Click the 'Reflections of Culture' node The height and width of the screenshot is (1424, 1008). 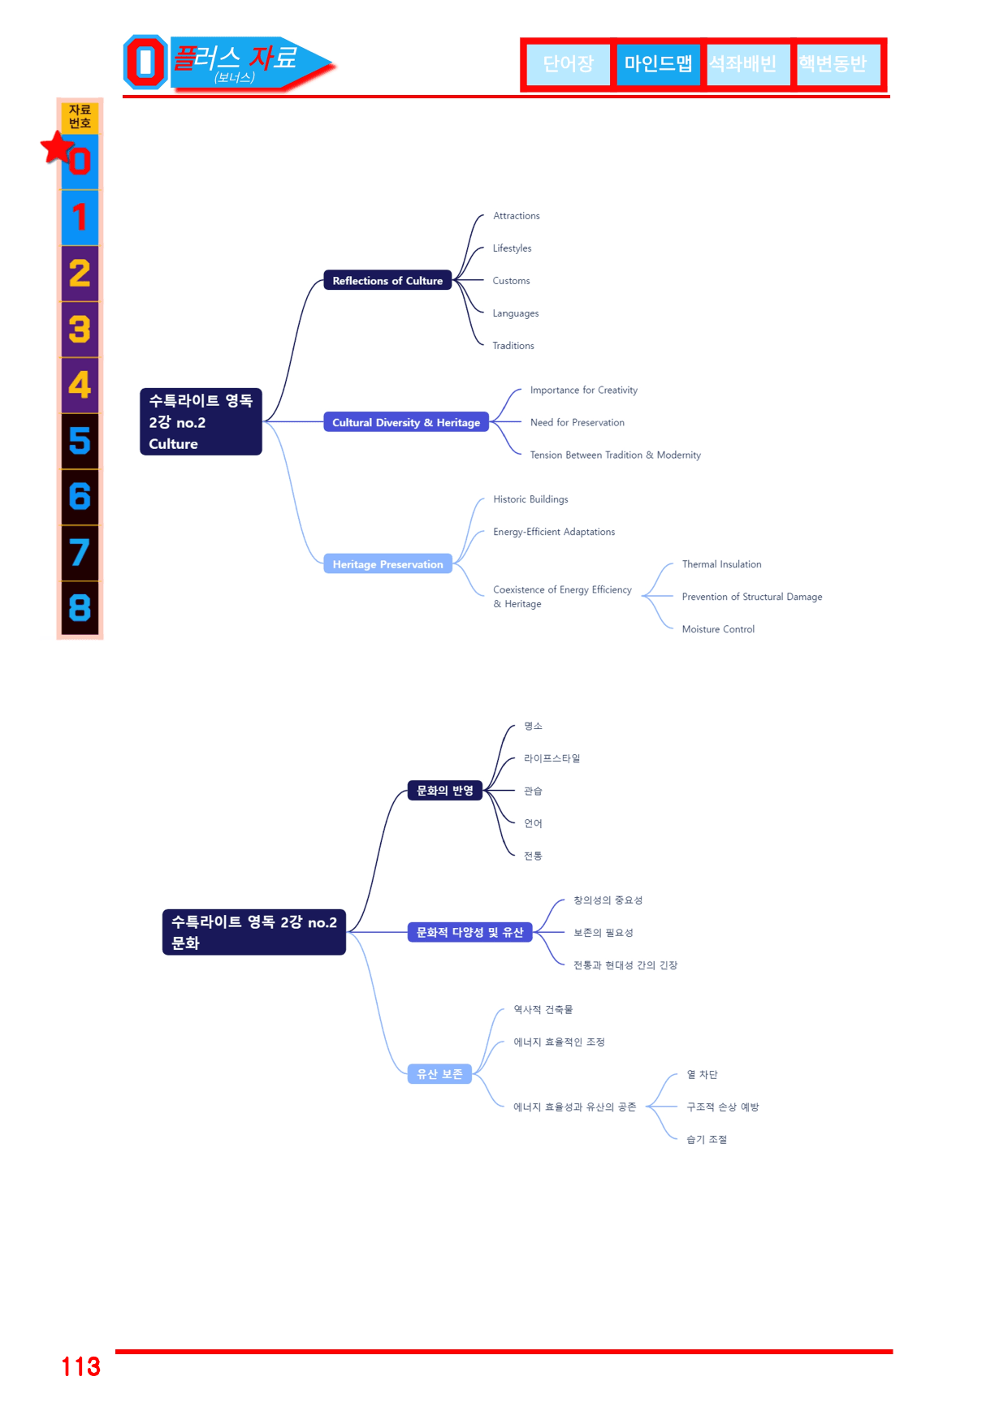pyautogui.click(x=387, y=280)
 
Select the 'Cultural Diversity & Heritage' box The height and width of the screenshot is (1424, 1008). pyautogui.click(x=406, y=422)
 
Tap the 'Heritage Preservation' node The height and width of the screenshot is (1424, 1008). pyautogui.click(x=387, y=564)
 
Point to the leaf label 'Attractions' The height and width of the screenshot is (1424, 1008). pyautogui.click(x=517, y=216)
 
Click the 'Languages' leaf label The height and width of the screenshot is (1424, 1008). pyautogui.click(x=516, y=313)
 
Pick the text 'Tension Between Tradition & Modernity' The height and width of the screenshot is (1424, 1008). pyautogui.click(x=616, y=455)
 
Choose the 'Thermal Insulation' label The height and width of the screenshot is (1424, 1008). pyautogui.click(x=722, y=564)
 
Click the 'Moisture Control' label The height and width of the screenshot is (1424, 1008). pyautogui.click(x=719, y=629)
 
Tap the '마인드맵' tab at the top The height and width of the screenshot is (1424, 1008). pyautogui.click(x=658, y=64)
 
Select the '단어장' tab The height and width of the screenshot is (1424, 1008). pyautogui.click(x=569, y=64)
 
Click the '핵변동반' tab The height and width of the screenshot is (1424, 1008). pyautogui.click(x=833, y=64)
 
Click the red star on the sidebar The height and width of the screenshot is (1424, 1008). pyautogui.click(x=58, y=148)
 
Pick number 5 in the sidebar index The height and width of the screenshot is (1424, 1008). pyautogui.click(x=80, y=441)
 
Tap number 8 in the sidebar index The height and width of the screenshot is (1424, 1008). pyautogui.click(x=80, y=607)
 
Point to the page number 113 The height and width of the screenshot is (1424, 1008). pyautogui.click(x=81, y=1366)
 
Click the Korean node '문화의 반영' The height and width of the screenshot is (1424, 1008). pyautogui.click(x=445, y=791)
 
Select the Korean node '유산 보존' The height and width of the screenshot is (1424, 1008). pyautogui.click(x=439, y=1074)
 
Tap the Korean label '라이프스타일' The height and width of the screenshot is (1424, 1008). pyautogui.click(x=552, y=758)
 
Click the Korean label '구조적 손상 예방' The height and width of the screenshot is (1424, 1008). pyautogui.click(x=723, y=1107)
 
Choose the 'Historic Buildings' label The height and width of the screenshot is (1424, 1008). pyautogui.click(x=531, y=499)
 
